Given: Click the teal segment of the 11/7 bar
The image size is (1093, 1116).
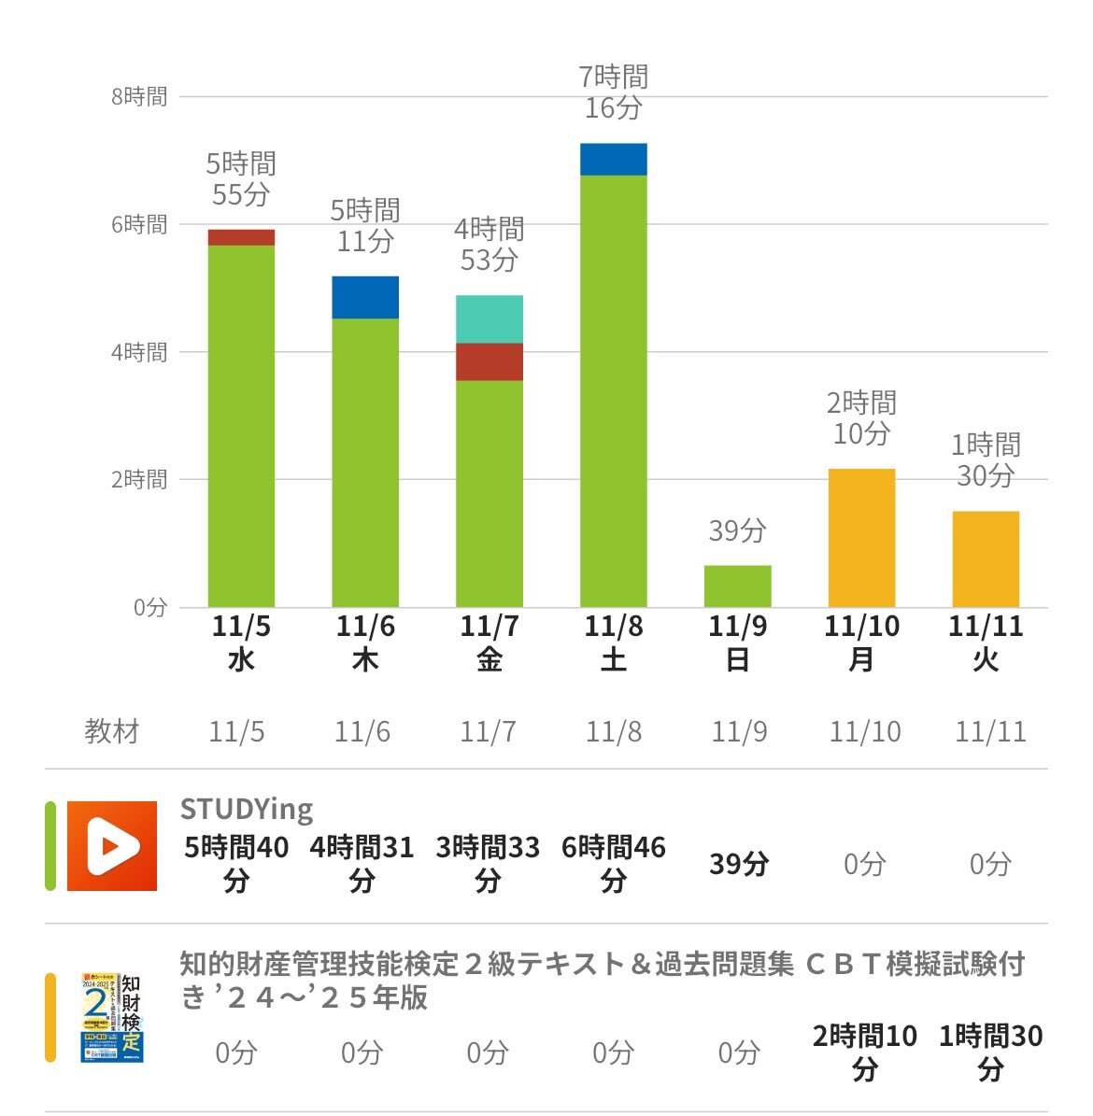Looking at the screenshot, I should click(x=490, y=319).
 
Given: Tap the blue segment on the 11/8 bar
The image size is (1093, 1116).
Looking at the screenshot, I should click(x=614, y=160).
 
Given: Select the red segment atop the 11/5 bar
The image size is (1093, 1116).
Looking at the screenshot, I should click(x=241, y=237).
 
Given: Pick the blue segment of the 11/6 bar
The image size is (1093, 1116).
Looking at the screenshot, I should click(x=365, y=298).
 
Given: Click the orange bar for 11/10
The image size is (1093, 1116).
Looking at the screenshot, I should click(x=861, y=538).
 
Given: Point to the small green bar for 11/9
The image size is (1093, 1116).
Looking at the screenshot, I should click(x=738, y=586).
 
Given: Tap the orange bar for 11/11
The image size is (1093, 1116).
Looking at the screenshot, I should click(x=986, y=559).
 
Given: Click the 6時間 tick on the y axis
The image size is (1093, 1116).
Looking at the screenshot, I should click(x=139, y=224).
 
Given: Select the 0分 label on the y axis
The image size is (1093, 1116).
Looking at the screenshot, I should click(x=149, y=607).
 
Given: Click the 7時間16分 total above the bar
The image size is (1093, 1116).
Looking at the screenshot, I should click(x=614, y=92).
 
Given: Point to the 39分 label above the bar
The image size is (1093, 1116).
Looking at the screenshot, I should click(x=738, y=530).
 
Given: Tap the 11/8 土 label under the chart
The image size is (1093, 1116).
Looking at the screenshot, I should click(x=614, y=643).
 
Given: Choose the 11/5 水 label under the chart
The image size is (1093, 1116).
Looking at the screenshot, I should click(x=241, y=643).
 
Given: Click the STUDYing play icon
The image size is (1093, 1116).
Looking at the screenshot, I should click(x=112, y=846).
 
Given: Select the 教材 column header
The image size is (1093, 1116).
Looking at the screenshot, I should click(x=112, y=731).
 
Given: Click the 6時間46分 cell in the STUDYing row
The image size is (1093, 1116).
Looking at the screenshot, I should click(x=614, y=863).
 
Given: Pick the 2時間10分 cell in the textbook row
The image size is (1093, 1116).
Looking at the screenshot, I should click(x=865, y=1052).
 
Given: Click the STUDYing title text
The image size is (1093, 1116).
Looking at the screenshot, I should click(x=247, y=809).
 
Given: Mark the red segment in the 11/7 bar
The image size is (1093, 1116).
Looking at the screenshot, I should click(x=490, y=362).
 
